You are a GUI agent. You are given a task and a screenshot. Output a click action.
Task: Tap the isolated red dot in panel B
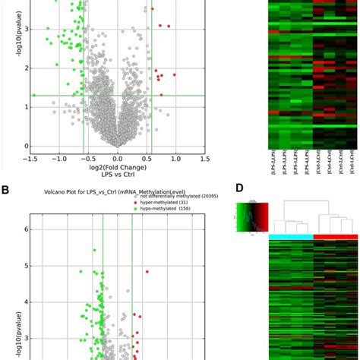147,271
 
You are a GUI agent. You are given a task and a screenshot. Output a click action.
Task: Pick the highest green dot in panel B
95,249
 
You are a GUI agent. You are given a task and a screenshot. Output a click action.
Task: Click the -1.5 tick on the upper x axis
30,159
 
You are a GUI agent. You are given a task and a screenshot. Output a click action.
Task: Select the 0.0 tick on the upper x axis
118,159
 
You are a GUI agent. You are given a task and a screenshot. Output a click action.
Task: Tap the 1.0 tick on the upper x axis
175,159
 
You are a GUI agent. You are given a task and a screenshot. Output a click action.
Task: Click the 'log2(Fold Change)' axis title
117,168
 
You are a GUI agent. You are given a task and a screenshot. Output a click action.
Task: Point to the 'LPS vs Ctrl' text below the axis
117,175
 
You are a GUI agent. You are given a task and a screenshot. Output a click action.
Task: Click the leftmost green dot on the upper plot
34,95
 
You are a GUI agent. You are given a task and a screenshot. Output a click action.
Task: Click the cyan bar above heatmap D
291,238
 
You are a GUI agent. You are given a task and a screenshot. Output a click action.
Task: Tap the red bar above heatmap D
336,238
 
